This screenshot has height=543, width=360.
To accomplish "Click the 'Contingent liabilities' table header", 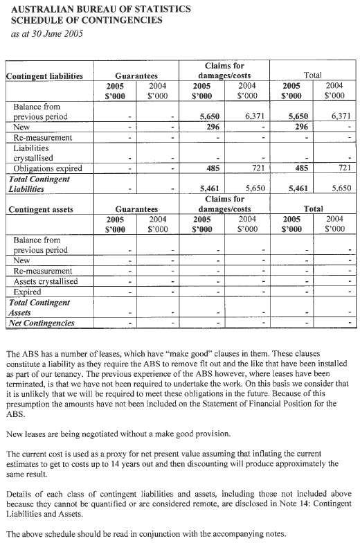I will [x=44, y=75].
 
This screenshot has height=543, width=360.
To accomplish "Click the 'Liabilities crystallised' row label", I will [x=37, y=153].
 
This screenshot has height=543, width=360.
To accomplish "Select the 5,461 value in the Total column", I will [x=298, y=188].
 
